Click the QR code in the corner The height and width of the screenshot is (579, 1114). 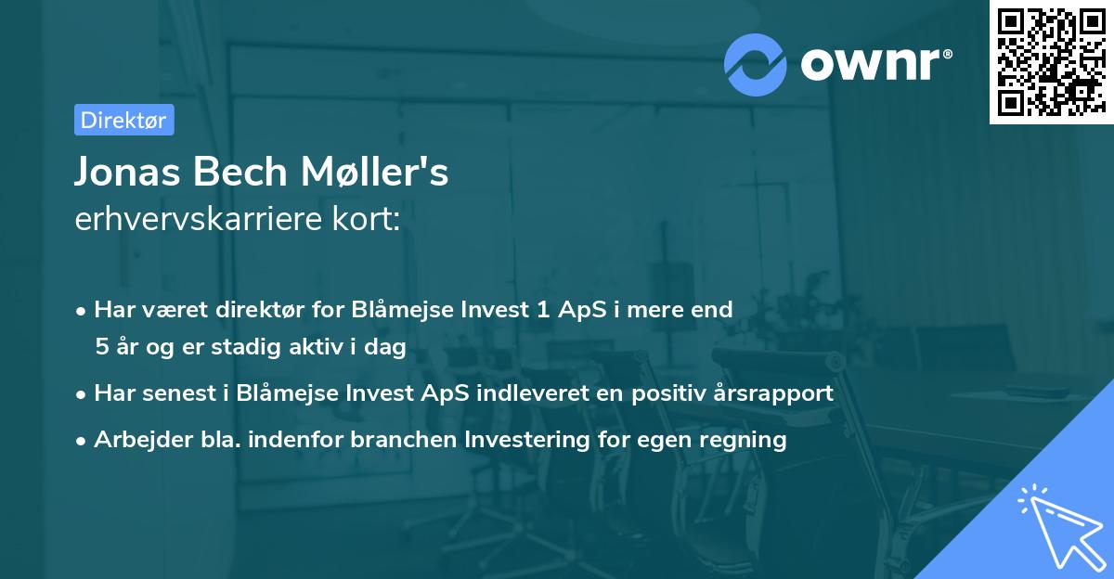tap(1051, 62)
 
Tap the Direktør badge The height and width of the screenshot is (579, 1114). tap(123, 120)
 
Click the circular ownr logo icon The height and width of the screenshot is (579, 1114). tap(755, 65)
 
